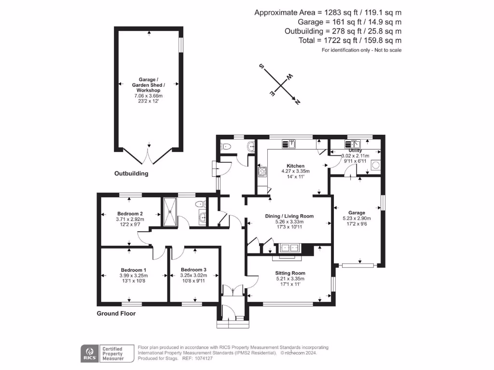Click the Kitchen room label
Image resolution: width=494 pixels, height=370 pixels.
295,166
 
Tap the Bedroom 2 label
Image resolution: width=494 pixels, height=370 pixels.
130,213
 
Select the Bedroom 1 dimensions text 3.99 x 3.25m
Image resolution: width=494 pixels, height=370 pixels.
133,276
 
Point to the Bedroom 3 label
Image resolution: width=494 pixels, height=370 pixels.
193,269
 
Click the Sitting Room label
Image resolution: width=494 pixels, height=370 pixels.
290,273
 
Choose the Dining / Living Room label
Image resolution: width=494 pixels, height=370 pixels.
289,216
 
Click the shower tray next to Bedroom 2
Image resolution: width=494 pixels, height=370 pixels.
170,211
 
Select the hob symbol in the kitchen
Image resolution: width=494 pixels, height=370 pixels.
262,171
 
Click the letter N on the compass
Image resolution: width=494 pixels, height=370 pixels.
297,102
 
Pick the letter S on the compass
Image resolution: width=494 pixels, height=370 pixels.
262,67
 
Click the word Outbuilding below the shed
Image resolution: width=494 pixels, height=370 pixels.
131,173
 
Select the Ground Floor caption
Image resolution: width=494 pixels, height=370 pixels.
116,313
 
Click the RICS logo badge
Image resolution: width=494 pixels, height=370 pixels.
88,353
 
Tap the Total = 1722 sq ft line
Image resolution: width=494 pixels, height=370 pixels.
350,41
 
